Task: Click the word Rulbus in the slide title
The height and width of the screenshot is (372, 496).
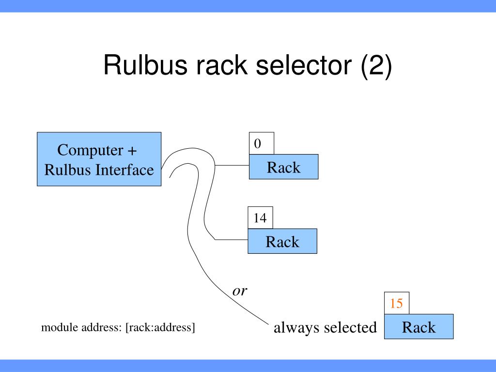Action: [145, 65]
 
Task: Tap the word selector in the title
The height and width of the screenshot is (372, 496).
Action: [303, 65]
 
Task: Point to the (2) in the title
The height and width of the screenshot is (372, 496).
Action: [376, 66]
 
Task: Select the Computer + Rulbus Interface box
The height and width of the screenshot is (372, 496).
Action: [99, 159]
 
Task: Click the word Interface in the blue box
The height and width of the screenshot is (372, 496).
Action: [124, 170]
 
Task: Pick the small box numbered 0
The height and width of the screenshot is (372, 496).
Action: [261, 143]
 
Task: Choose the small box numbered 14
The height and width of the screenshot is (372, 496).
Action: [260, 217]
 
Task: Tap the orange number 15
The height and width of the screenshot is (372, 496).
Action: [396, 303]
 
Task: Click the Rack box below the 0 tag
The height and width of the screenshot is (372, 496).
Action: [283, 167]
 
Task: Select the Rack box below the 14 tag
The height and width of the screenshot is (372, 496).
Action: [282, 241]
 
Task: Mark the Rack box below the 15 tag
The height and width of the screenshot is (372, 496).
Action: [419, 326]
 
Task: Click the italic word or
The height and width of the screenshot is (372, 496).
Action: [240, 291]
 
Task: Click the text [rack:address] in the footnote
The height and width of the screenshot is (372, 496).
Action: [160, 327]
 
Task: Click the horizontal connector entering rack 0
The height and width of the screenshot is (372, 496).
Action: [232, 165]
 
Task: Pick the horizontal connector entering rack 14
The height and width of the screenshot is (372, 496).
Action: [231, 239]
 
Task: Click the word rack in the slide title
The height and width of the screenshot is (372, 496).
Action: [221, 65]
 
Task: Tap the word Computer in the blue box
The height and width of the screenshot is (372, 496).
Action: [90, 151]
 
